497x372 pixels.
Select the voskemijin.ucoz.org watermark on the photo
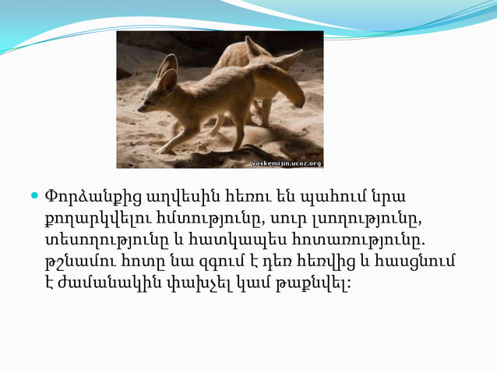tap(286, 163)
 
